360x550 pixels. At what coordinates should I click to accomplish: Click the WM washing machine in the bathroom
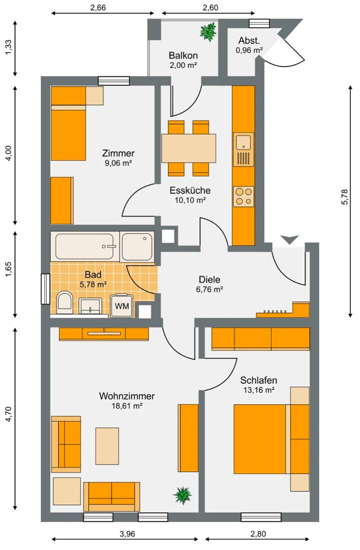[122, 306]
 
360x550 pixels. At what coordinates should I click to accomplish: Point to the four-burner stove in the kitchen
[243, 196]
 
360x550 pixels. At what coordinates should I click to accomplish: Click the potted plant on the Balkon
[208, 32]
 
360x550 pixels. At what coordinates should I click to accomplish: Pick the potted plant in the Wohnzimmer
[182, 494]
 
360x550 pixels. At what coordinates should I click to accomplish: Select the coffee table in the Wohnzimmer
[107, 446]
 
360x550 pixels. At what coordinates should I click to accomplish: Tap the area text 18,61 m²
[127, 406]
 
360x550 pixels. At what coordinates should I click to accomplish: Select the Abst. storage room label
[249, 41]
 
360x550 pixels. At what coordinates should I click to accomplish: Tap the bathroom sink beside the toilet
[92, 306]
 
